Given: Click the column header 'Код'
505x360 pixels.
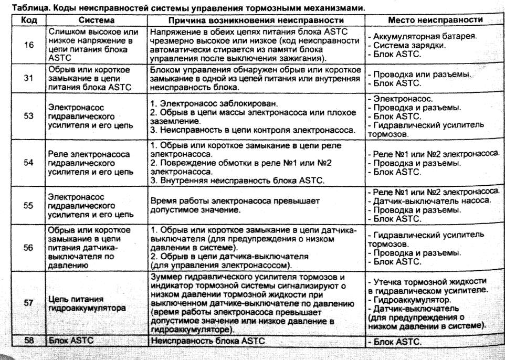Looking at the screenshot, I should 27,19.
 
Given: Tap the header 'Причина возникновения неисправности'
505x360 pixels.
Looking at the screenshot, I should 256,19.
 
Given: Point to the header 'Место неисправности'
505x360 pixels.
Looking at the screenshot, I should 432,19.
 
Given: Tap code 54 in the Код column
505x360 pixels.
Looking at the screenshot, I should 29,163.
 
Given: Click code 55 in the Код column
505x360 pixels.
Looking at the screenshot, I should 29,206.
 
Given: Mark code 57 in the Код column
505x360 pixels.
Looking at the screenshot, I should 29,304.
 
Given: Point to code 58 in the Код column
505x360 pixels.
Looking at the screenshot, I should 29,341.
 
